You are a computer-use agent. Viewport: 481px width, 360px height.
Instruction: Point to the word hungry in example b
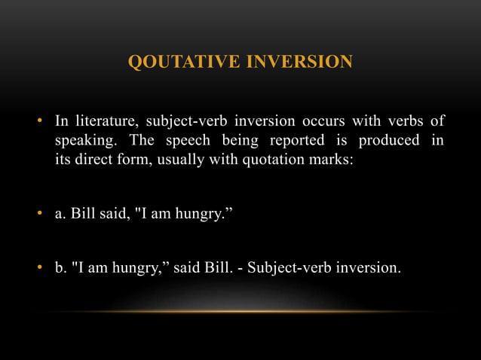point(139,266)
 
